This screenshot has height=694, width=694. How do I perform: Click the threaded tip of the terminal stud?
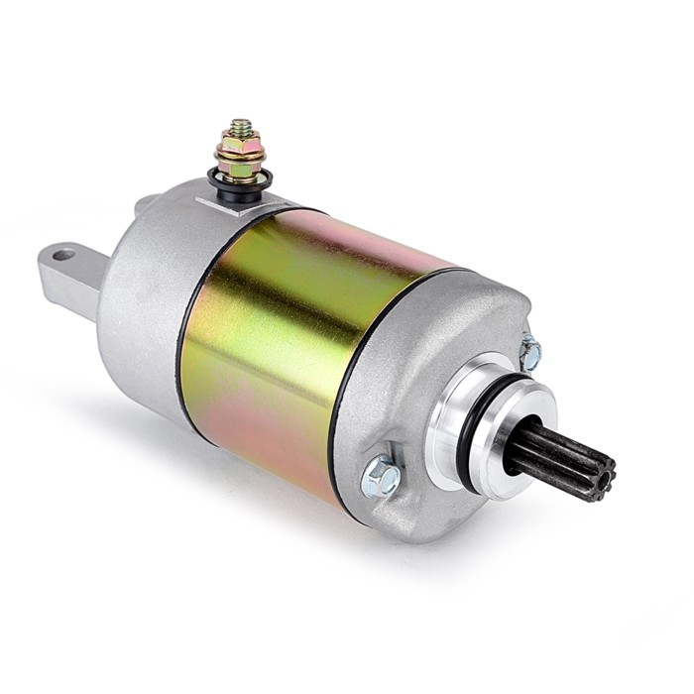(x=240, y=128)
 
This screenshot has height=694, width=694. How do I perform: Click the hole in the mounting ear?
(x=62, y=255)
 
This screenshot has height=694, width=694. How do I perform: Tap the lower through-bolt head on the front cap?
(x=381, y=479)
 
